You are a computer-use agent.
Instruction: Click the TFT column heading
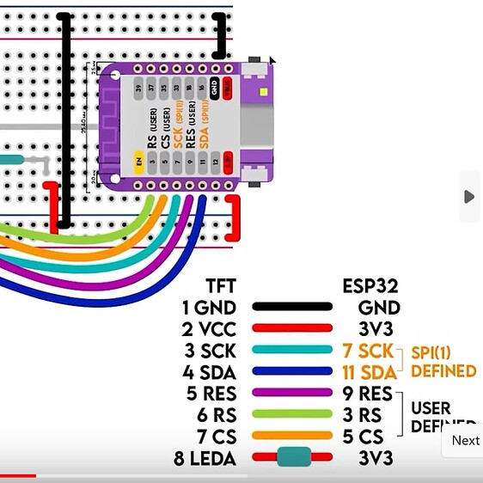tap(221, 286)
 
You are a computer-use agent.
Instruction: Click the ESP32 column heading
tap(371, 286)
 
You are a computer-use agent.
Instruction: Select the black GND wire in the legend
tap(291, 307)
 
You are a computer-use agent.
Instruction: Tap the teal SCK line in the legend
tap(291, 351)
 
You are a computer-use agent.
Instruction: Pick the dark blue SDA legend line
tap(291, 372)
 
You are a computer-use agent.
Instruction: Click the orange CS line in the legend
tap(291, 437)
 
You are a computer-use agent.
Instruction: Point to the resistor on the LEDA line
tap(292, 458)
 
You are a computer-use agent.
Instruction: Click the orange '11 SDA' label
tap(370, 372)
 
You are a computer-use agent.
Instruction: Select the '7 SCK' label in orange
tap(368, 351)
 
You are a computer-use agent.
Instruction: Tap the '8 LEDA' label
tap(205, 459)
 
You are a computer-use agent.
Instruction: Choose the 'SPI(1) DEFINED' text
tap(443, 362)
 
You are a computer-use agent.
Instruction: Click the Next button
tap(465, 440)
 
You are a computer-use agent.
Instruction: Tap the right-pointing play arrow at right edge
tap(468, 197)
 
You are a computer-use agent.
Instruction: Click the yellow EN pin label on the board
tap(138, 160)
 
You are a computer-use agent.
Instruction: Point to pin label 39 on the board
tap(138, 88)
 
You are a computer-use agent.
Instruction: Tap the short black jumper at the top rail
tap(223, 35)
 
